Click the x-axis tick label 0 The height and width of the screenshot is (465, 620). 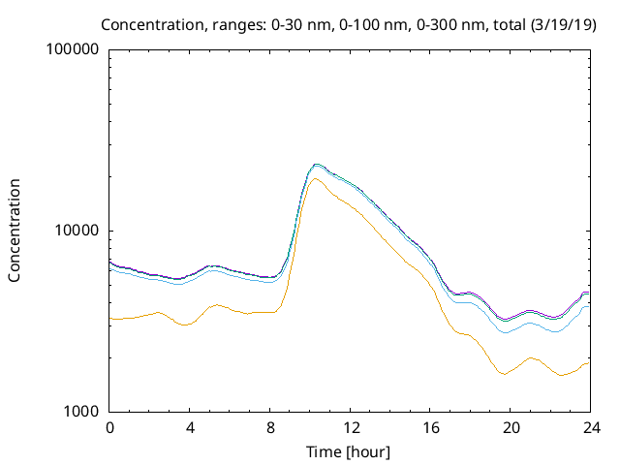[109, 428]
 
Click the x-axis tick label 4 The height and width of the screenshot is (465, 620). [190, 428]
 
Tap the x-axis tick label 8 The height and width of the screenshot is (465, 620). [270, 428]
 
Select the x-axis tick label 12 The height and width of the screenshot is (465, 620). [351, 428]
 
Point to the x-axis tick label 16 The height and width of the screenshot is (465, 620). [431, 428]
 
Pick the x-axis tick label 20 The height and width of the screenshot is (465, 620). [511, 428]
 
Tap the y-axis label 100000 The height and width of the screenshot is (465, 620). [74, 49]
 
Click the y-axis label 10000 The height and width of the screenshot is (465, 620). [78, 231]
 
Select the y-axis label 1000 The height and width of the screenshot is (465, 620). [82, 412]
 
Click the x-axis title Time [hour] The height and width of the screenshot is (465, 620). [350, 451]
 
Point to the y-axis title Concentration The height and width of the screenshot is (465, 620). [15, 231]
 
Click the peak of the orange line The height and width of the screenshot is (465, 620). [315, 178]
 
